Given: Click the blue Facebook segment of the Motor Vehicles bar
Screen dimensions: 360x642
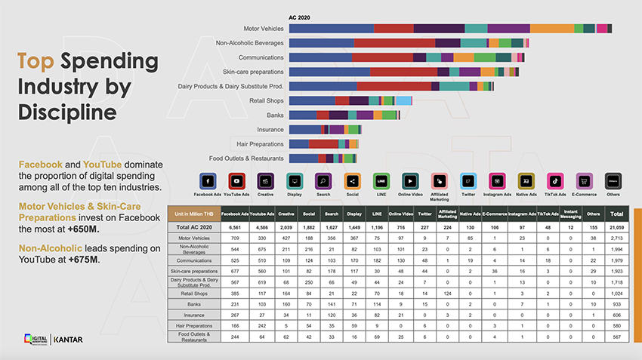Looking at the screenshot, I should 331,29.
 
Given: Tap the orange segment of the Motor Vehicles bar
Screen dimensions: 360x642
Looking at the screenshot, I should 551,29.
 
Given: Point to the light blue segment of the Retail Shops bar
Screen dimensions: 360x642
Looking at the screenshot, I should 403,100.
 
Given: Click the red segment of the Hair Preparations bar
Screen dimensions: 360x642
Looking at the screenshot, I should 323,143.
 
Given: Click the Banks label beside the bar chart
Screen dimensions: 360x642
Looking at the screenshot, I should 275,115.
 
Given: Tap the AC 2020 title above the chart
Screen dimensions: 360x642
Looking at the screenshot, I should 300,17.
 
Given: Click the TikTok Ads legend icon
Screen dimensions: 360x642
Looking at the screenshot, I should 554,181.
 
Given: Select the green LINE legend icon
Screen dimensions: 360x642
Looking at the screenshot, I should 381,181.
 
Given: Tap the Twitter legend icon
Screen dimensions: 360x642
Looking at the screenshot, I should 468,181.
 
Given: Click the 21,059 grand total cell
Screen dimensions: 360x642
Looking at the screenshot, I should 616,227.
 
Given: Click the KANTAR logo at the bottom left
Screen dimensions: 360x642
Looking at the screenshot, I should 69,340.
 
